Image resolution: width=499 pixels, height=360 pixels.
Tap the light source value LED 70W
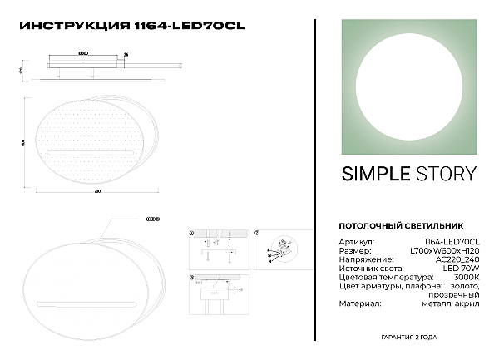pyautogui.click(x=462, y=269)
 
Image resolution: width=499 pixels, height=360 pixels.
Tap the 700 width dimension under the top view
pyautogui.click(x=96, y=192)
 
